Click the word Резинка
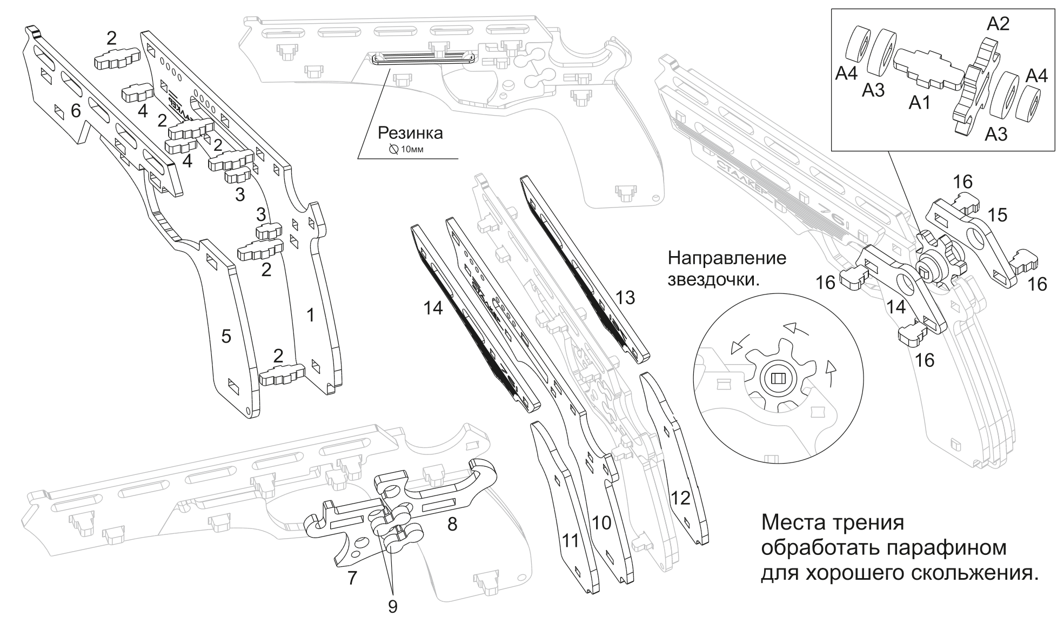410,132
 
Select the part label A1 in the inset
919,102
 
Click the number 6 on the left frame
76,111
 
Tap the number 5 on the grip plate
226,336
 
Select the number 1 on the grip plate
310,315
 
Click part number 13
625,297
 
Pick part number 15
998,215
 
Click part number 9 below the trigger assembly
392,606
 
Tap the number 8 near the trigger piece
452,524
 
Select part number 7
352,578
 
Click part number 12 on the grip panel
680,498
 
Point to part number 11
570,541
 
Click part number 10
601,522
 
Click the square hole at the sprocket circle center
777,378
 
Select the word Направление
727,258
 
